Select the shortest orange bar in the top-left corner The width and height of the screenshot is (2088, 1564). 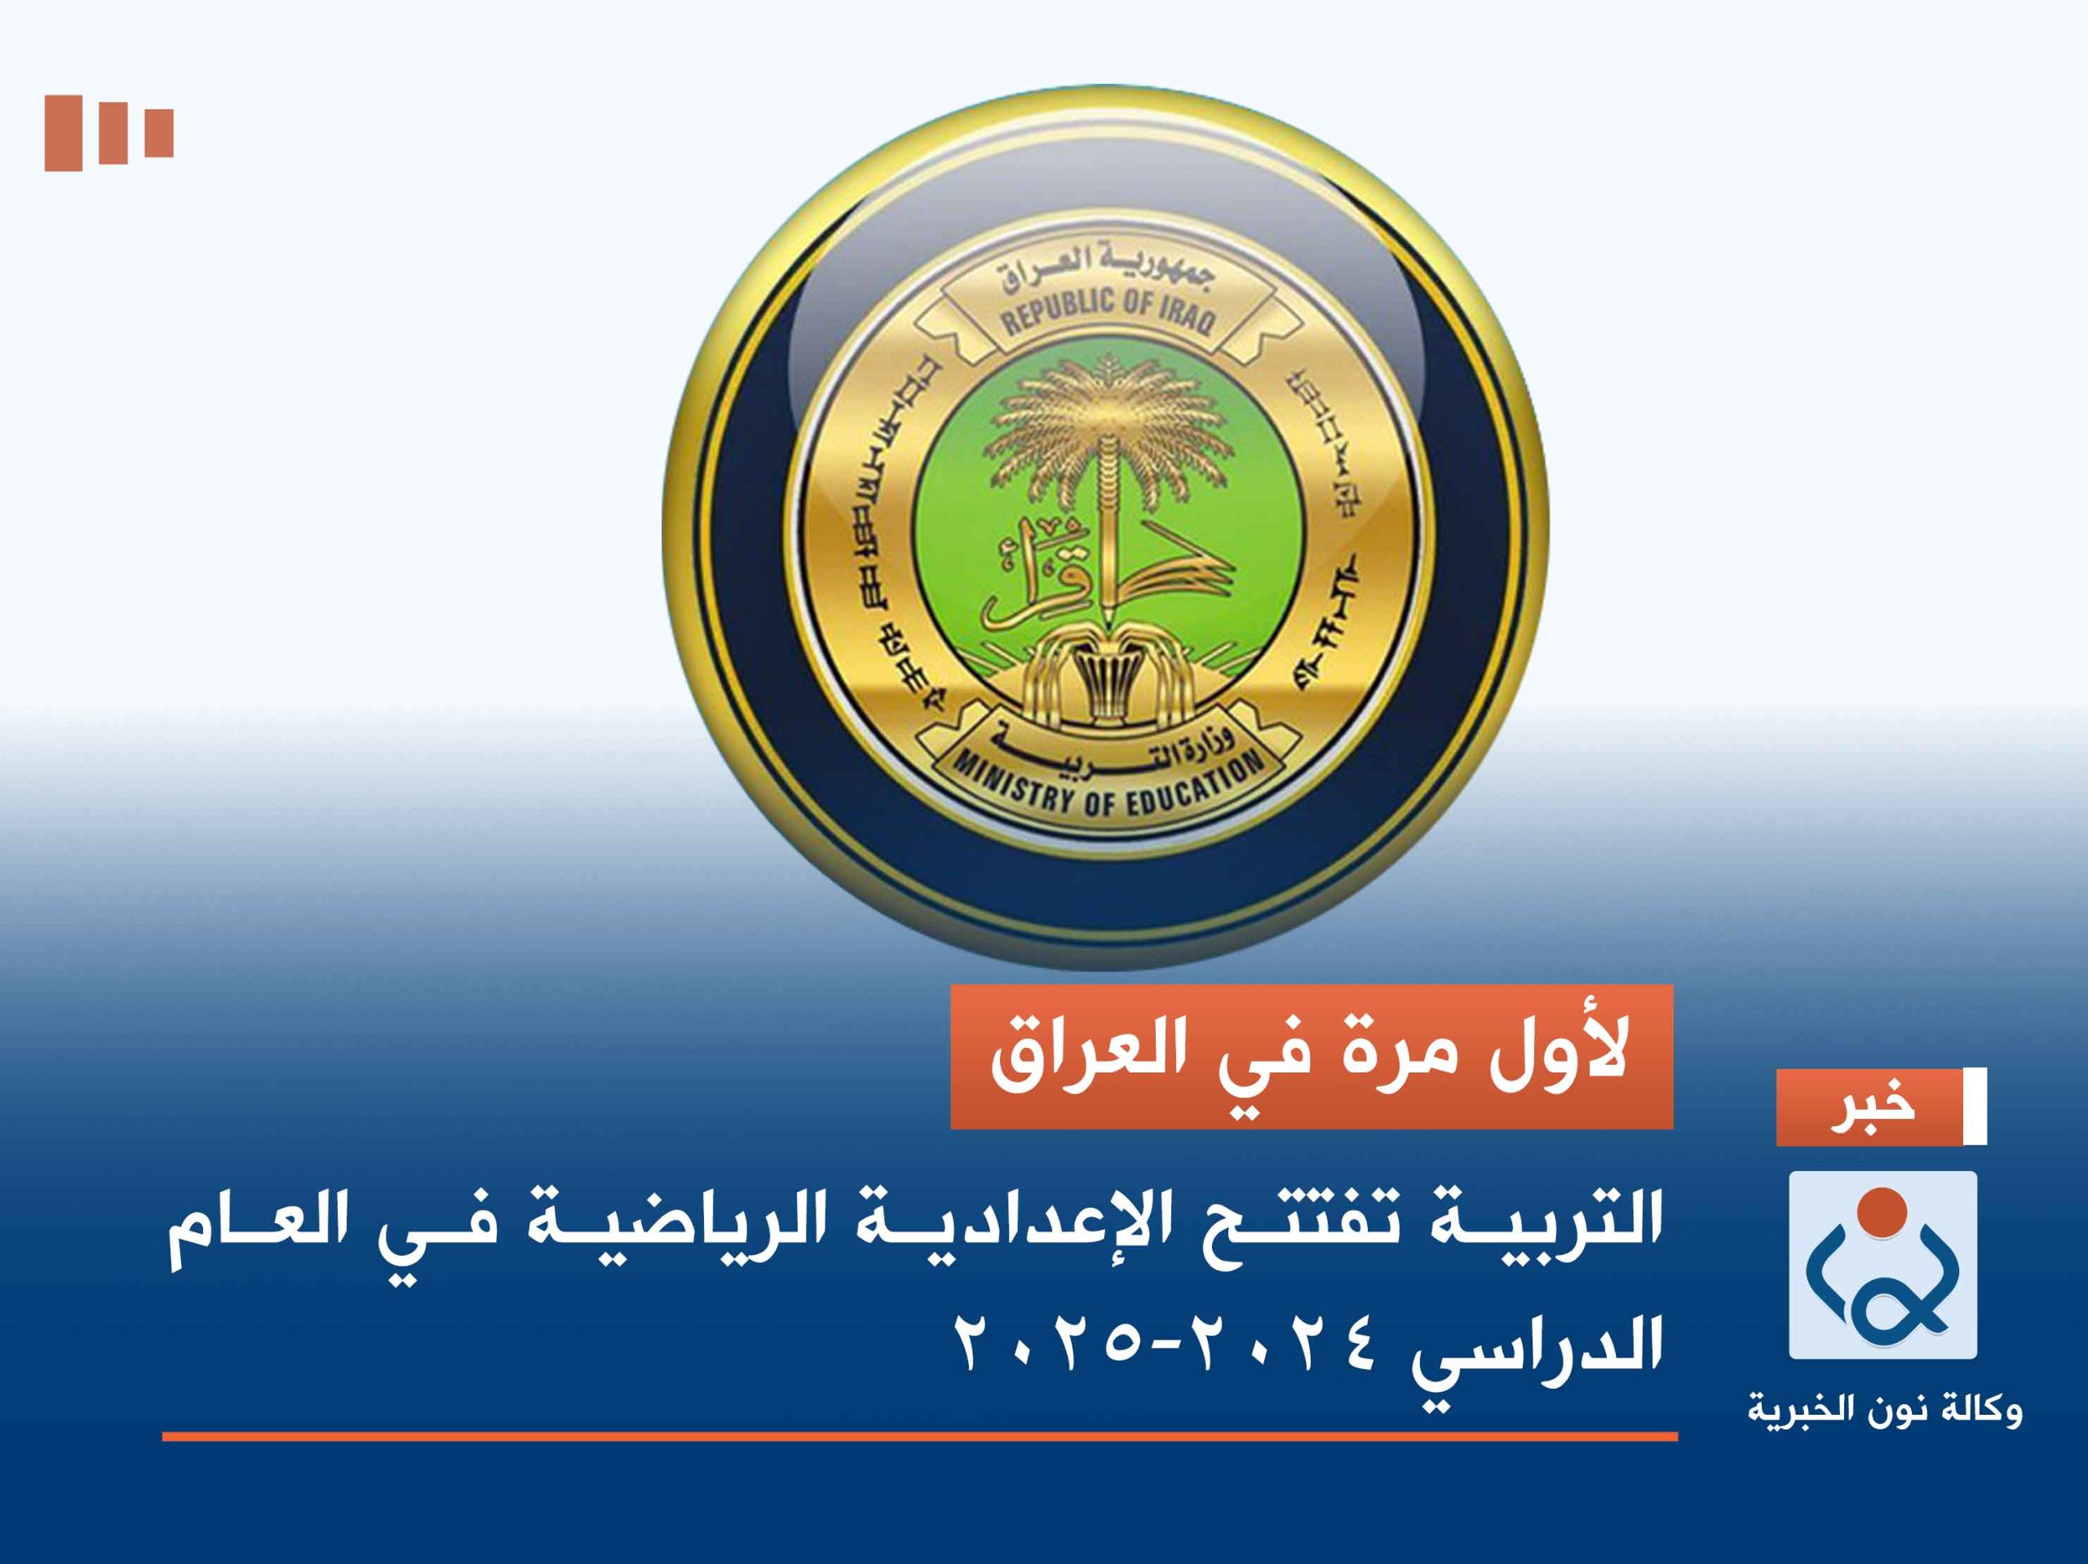click(158, 132)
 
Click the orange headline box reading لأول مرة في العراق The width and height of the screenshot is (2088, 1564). click(1312, 1057)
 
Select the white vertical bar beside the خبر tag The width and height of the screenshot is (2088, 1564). click(1975, 1107)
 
